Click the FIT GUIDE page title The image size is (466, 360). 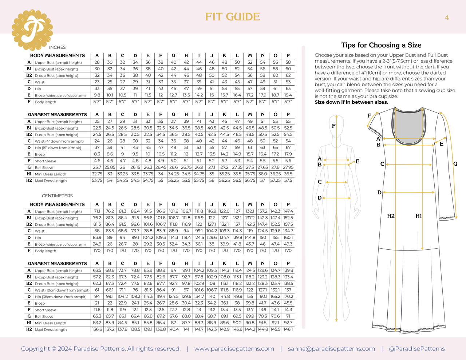[233, 17]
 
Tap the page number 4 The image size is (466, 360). [447, 17]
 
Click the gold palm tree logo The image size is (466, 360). [32, 30]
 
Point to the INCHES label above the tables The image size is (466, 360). [57, 47]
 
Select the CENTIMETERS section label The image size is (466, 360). [57, 196]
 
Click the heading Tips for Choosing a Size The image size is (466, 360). [381, 45]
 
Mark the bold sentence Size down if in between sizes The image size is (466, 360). [351, 102]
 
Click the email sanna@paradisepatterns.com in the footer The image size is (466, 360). [331, 349]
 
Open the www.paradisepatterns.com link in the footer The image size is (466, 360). [234, 349]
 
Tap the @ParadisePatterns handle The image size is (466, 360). [417, 349]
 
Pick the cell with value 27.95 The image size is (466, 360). [288, 167]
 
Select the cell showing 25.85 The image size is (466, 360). [110, 167]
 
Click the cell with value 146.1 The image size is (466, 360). [288, 329]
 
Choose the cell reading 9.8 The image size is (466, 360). [97, 95]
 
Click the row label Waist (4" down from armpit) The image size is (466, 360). [59, 141]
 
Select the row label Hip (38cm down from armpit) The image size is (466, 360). [61, 297]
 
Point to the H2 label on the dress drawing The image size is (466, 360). [391, 216]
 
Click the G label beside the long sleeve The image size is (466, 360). [455, 164]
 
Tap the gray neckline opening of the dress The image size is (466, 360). [409, 127]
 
